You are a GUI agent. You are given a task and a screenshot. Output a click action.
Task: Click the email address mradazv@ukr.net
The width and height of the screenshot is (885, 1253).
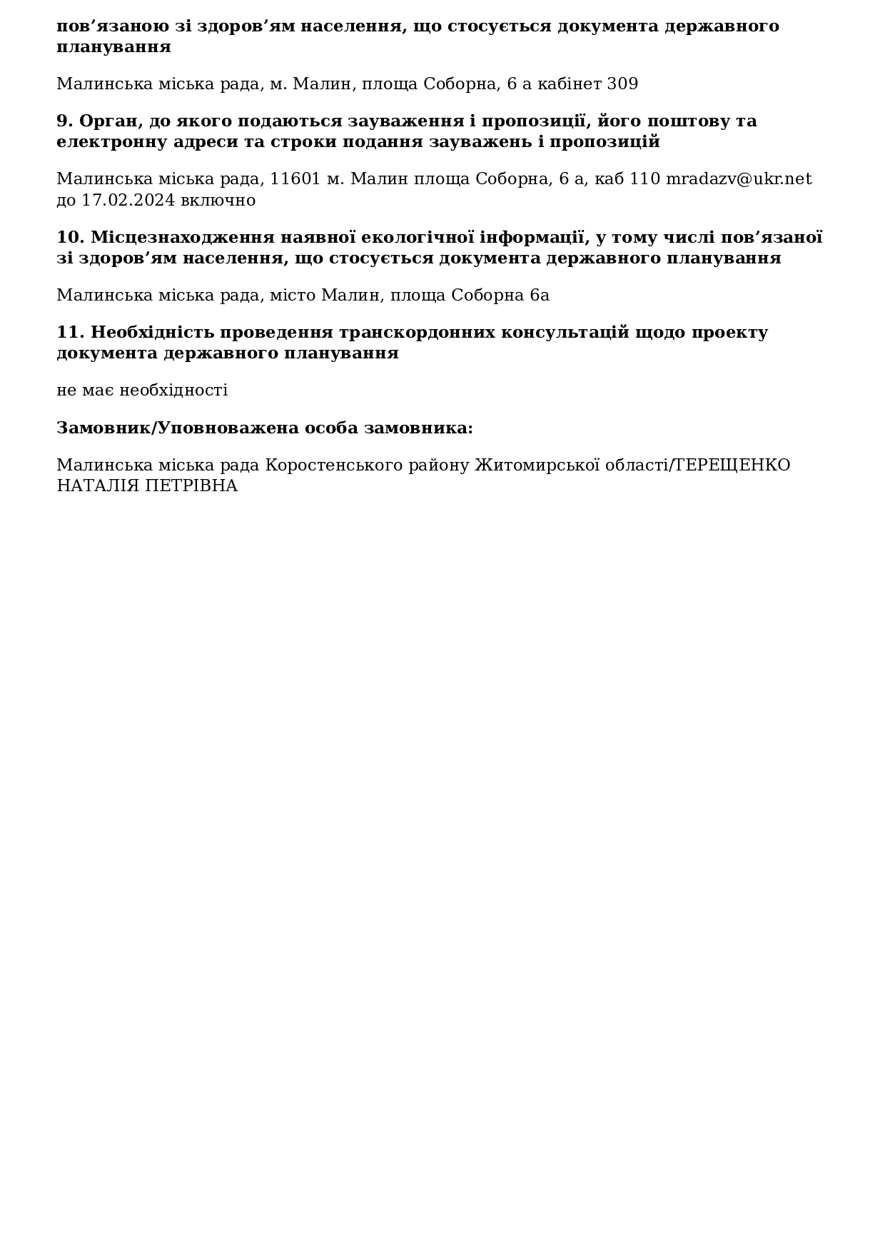739,178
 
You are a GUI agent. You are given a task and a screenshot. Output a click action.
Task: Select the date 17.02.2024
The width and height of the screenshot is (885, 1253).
128,200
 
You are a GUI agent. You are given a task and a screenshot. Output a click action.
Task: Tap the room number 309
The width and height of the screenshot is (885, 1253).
622,84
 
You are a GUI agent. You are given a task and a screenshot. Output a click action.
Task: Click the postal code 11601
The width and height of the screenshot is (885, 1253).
295,178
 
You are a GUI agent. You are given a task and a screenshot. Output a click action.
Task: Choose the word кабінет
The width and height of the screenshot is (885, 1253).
570,84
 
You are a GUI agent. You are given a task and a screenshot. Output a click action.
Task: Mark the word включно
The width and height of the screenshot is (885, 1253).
218,200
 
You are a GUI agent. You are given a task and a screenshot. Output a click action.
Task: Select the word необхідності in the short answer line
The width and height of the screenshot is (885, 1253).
173,390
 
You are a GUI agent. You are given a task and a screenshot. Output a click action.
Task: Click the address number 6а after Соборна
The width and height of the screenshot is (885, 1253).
540,295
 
